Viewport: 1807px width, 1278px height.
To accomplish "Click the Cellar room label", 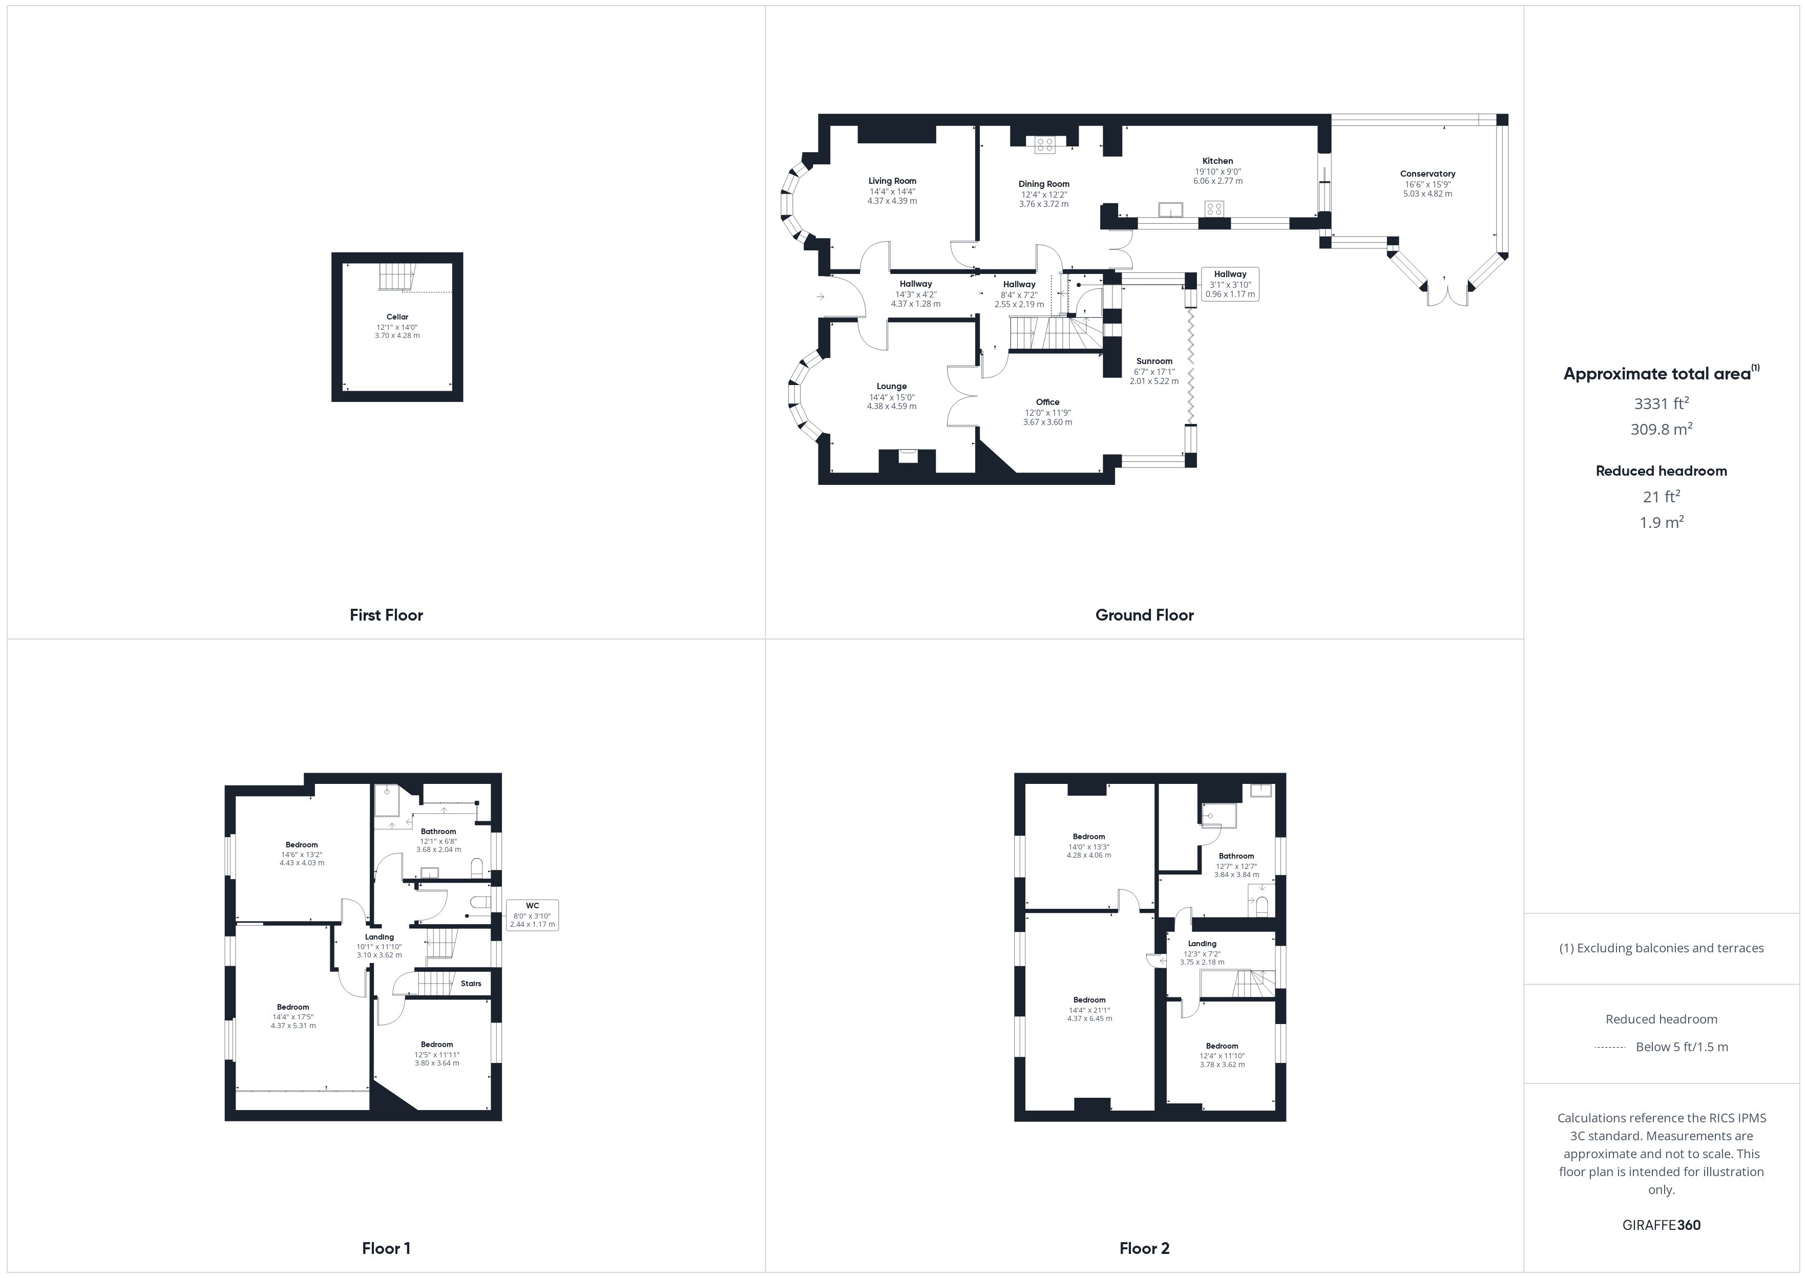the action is (x=397, y=317).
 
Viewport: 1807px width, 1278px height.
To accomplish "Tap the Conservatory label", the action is (x=1427, y=174).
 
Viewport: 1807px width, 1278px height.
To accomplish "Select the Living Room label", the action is (x=892, y=181).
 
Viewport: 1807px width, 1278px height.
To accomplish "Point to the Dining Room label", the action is (x=1044, y=184).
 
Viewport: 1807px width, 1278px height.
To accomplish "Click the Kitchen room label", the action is (x=1217, y=161).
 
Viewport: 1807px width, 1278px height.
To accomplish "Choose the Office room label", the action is (x=1047, y=402).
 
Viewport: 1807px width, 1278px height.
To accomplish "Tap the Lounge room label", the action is (x=892, y=387).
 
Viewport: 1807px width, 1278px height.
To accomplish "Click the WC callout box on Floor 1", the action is (x=532, y=915).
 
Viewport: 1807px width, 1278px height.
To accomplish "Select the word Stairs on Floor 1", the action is (x=471, y=984).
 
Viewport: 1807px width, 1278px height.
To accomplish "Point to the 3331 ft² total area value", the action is (x=1662, y=403).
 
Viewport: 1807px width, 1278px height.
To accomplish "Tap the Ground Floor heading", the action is (x=1144, y=615).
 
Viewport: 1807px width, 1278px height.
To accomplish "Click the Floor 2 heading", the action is (x=1144, y=1248).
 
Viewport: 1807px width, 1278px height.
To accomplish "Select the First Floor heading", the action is (x=386, y=615).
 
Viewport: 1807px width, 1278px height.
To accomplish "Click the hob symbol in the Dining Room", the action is (x=1045, y=144).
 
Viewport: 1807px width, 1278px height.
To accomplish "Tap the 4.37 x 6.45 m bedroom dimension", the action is (x=1089, y=1018).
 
